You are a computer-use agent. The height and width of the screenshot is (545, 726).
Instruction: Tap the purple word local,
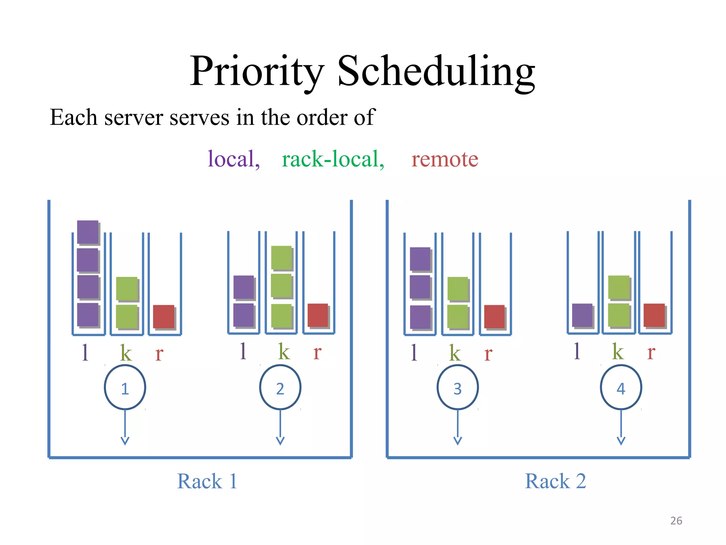click(x=234, y=159)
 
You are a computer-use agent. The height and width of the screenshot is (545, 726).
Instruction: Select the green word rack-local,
click(x=333, y=159)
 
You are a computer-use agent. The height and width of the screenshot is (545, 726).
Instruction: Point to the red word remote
click(x=445, y=159)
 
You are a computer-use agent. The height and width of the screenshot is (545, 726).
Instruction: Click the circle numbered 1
click(x=125, y=387)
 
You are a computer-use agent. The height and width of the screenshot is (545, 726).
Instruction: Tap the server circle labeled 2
click(x=280, y=387)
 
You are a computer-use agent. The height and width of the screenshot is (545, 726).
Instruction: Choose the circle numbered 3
click(x=458, y=387)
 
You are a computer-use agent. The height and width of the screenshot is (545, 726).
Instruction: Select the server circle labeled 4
click(x=621, y=387)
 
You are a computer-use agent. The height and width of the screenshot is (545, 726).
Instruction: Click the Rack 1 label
click(x=207, y=481)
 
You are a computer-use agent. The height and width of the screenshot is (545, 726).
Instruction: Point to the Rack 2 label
click(x=555, y=481)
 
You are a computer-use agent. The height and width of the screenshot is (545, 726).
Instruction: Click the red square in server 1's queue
click(x=164, y=316)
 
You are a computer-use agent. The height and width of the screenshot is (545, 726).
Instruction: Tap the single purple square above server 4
click(x=582, y=315)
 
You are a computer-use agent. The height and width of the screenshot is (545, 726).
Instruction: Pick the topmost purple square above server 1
click(x=88, y=232)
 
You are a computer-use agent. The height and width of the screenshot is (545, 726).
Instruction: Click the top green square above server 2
click(x=281, y=258)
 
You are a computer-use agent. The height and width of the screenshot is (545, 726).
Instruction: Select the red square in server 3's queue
click(x=495, y=316)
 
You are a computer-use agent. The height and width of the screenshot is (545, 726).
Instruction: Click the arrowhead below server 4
click(x=621, y=441)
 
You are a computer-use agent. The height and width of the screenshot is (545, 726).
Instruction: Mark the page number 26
click(x=676, y=521)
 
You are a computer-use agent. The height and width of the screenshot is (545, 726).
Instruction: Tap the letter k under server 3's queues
click(x=455, y=353)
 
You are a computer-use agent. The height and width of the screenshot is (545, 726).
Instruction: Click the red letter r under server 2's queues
click(x=317, y=352)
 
